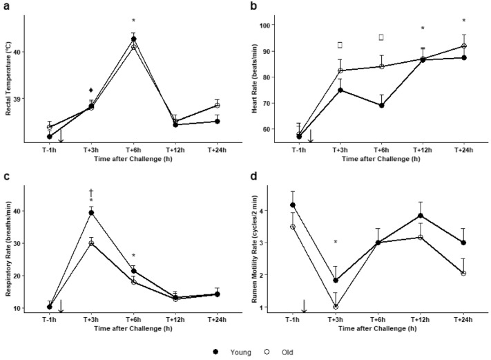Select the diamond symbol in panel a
[x=91, y=90]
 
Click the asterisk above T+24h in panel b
[x=464, y=21]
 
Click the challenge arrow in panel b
[x=311, y=135]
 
